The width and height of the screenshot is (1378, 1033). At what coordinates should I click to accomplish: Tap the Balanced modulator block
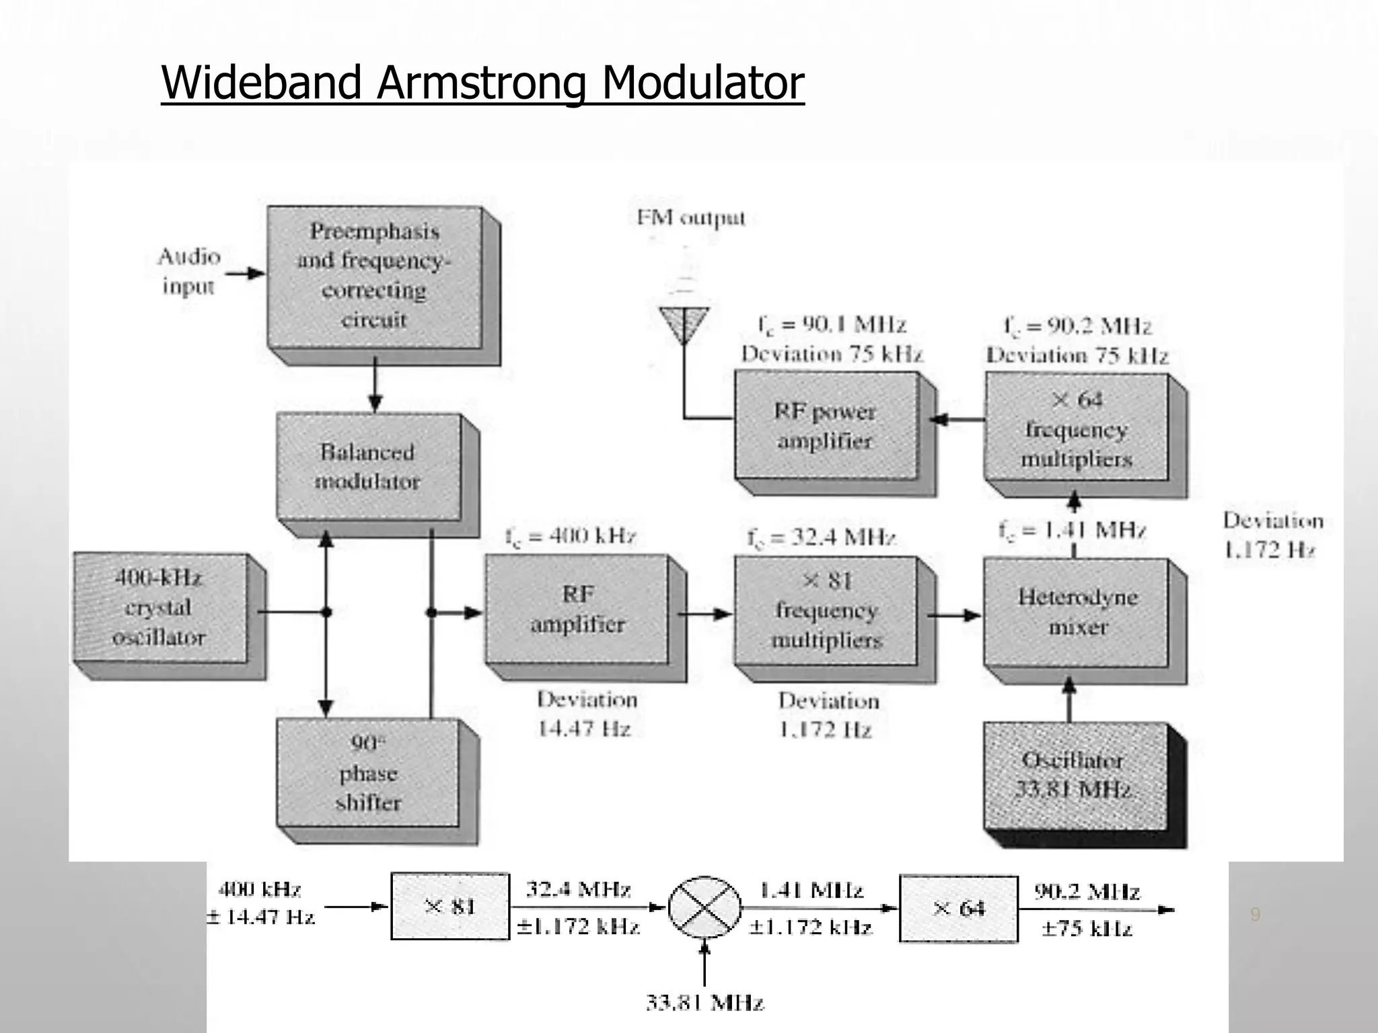[x=369, y=466]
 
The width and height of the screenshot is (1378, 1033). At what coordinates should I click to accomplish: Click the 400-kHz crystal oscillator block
[x=160, y=608]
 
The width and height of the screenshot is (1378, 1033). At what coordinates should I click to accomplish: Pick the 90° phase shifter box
[x=368, y=773]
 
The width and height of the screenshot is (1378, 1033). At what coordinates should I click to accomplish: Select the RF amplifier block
[x=577, y=609]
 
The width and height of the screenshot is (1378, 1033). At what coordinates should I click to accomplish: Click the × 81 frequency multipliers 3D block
[x=826, y=611]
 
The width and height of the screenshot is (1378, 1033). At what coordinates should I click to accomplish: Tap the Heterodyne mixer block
[x=1076, y=612]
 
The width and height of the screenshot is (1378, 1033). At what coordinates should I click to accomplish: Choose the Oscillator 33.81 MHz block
[x=1074, y=775]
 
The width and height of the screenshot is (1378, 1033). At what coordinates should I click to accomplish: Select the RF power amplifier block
[x=826, y=426]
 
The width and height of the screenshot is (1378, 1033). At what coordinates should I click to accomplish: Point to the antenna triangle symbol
[x=684, y=323]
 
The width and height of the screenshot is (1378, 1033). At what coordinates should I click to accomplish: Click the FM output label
[x=691, y=218]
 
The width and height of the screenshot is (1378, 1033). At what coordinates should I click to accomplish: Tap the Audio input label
[x=188, y=271]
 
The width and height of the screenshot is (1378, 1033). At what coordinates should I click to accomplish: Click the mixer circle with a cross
[x=704, y=907]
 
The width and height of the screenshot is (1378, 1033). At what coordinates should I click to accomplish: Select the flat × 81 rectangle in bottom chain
[x=450, y=907]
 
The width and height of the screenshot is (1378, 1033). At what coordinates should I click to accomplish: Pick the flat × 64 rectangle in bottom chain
[x=959, y=909]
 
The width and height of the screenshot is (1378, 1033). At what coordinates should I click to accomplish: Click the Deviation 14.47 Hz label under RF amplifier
[x=585, y=714]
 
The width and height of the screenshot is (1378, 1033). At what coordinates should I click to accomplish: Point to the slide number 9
[x=1254, y=915]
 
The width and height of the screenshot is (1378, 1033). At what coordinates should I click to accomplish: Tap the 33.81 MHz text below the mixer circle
[x=704, y=1003]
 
